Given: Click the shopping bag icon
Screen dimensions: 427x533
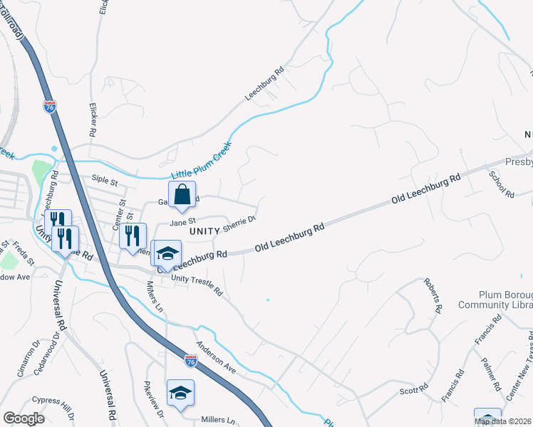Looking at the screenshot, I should point(182,194).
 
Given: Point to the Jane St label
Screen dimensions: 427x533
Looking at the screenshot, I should point(182,222).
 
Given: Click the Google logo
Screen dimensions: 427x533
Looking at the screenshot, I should point(24,418).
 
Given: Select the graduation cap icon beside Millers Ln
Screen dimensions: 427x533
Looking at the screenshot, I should point(180,393).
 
